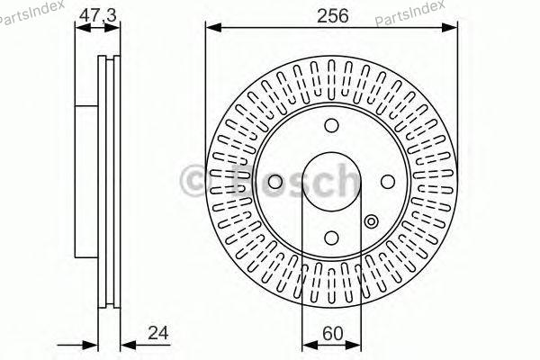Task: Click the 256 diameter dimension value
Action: (x=332, y=16)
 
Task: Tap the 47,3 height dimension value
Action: (x=98, y=15)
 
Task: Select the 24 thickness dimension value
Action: (x=158, y=333)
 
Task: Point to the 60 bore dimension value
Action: (x=333, y=333)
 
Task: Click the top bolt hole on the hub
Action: (x=331, y=125)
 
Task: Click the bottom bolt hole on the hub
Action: (x=331, y=238)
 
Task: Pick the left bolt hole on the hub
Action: (x=275, y=182)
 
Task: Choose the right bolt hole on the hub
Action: (x=388, y=182)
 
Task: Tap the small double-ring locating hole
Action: (x=371, y=221)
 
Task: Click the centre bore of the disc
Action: (x=331, y=182)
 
